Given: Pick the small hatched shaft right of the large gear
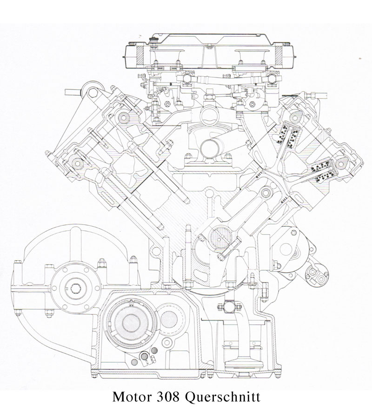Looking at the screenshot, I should tap(173, 321).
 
